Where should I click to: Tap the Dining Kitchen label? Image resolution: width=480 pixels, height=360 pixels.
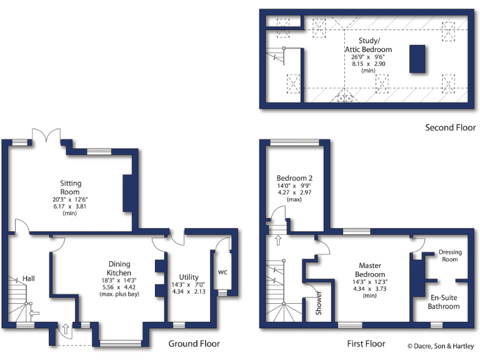[119, 269]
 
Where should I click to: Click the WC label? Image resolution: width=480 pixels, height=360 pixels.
[223, 272]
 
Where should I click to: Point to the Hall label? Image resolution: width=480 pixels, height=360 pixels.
[29, 278]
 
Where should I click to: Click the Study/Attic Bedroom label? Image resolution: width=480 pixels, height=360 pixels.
[368, 45]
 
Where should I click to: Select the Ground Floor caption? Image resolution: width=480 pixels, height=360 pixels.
[194, 344]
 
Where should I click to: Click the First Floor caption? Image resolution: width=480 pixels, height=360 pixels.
[366, 344]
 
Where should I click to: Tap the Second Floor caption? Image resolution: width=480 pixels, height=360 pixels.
[450, 127]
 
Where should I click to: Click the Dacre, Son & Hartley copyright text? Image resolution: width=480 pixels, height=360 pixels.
[441, 346]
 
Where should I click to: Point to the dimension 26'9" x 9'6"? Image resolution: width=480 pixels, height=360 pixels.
[368, 57]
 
